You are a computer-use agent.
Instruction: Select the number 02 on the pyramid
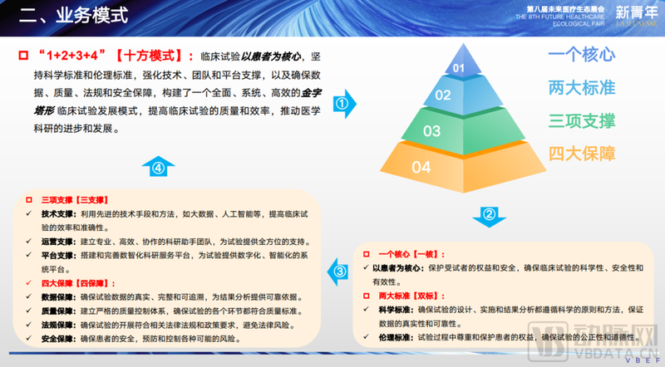443,95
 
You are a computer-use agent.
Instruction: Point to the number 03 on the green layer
431,130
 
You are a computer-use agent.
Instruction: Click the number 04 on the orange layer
421,167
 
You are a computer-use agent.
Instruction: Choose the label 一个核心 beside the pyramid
581,56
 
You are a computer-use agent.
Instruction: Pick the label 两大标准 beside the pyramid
581,87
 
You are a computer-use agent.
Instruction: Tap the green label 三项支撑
581,120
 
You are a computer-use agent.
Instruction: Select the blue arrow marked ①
342,105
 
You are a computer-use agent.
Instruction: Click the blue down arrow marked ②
490,216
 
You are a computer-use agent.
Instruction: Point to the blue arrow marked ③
339,272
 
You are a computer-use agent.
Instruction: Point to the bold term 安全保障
58,339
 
